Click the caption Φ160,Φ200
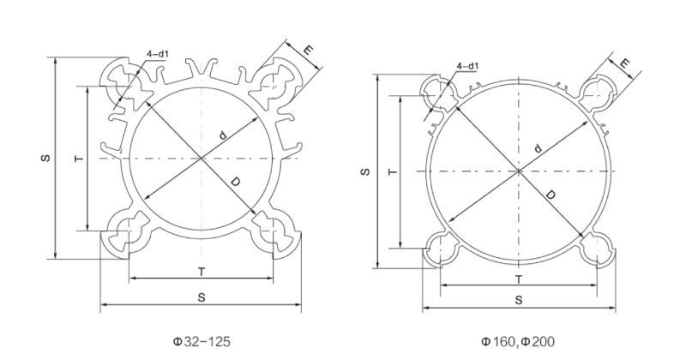pos(517,341)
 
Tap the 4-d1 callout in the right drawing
pos(468,66)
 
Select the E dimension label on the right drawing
pos(625,63)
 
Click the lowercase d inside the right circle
pos(538,148)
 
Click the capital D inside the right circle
pos(550,195)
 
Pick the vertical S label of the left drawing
pos(45,159)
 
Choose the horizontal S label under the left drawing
pos(201,297)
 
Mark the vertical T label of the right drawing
pos(390,171)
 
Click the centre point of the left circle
pos(201,159)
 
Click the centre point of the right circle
pos(518,171)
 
